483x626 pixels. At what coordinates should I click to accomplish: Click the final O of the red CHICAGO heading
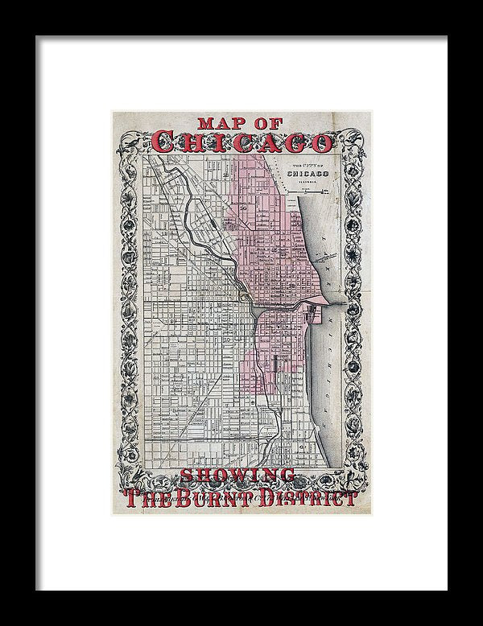tap(321, 142)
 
